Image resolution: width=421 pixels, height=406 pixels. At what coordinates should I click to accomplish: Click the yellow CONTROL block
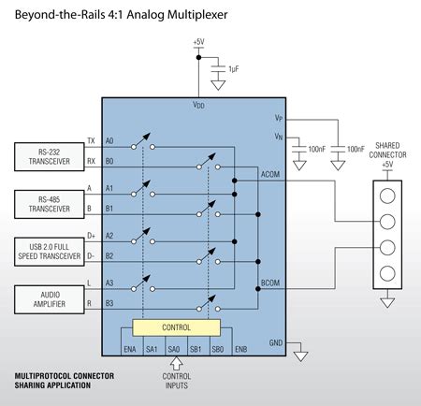[x=177, y=327]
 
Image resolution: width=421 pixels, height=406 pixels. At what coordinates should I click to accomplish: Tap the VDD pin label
[x=198, y=105]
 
